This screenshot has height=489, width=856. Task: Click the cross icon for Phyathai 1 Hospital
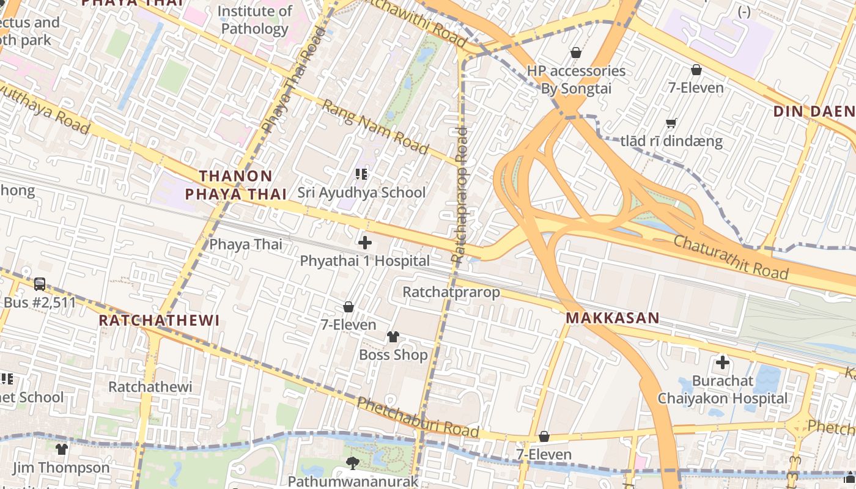click(365, 243)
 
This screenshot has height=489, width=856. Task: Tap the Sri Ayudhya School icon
click(361, 175)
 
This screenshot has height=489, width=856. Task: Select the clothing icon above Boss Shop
click(393, 337)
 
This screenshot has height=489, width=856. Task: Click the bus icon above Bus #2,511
click(40, 284)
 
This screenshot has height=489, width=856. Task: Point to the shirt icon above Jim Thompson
click(61, 449)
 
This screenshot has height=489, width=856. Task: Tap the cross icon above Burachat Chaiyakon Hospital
click(723, 362)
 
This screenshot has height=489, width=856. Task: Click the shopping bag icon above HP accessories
click(575, 53)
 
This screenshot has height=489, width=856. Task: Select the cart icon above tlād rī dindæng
click(671, 123)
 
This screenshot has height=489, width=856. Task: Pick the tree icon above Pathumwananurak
click(352, 463)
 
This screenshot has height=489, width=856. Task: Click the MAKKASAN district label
click(613, 318)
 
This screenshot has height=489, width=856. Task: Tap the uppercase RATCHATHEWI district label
click(159, 321)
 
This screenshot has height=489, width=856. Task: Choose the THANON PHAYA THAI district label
click(236, 185)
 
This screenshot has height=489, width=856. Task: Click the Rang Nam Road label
click(375, 127)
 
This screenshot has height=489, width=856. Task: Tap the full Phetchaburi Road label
click(418, 417)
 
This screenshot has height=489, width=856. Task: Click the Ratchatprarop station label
click(451, 292)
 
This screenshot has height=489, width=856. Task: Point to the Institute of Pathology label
click(255, 20)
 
